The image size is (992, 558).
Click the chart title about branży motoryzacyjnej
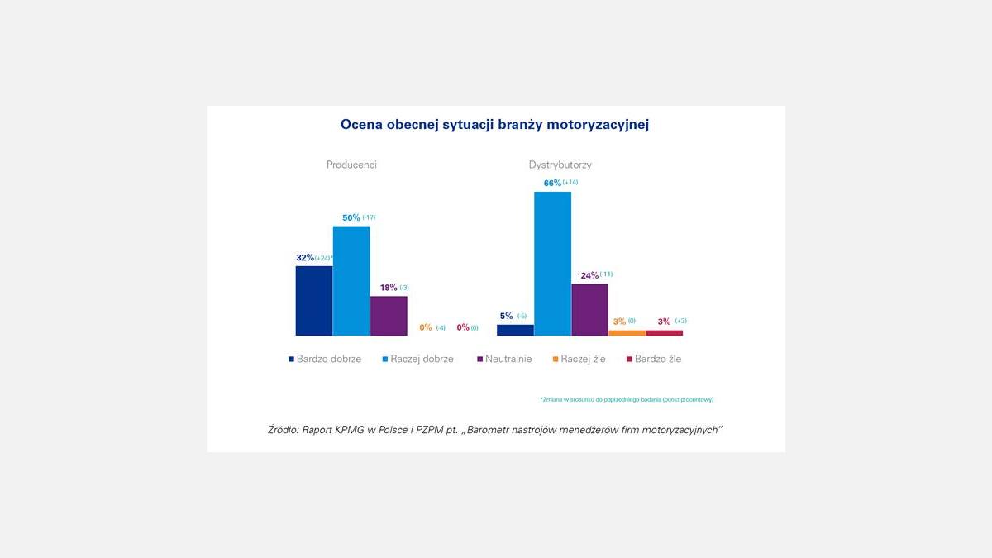click(494, 125)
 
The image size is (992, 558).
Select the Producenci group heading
click(351, 165)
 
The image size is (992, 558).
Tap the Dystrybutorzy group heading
click(560, 165)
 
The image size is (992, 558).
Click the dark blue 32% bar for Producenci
click(314, 301)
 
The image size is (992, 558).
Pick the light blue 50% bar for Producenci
click(351, 281)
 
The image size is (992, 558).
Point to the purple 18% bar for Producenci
click(389, 316)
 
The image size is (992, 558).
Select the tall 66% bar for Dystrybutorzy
click(552, 264)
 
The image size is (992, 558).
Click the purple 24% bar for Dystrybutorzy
click(589, 310)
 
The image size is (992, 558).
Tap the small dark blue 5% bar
click(515, 330)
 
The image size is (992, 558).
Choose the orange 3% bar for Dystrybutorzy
click(627, 332)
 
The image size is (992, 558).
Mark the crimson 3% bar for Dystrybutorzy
click(665, 332)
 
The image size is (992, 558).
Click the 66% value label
click(552, 183)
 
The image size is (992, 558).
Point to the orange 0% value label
click(426, 327)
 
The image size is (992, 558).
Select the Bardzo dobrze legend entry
click(325, 360)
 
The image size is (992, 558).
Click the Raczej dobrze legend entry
click(417, 360)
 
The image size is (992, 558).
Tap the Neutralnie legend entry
click(504, 360)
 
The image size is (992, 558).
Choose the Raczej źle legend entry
click(579, 360)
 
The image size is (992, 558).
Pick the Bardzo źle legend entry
click(653, 360)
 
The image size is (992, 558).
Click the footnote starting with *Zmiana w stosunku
click(627, 399)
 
